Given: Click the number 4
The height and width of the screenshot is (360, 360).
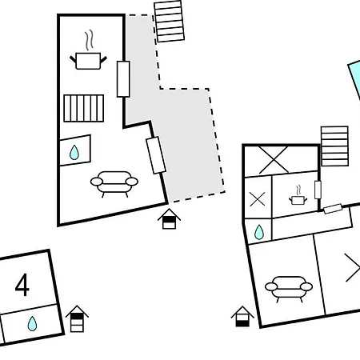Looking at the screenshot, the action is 22,285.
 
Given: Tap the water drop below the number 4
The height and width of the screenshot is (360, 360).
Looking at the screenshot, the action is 32,323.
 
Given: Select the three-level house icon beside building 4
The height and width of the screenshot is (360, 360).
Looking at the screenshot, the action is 77,318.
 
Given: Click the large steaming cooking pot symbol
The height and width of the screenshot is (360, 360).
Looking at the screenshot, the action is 88,50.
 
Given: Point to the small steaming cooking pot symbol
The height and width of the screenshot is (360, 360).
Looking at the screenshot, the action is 298,195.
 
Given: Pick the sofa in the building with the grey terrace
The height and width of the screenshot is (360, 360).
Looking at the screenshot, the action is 114,183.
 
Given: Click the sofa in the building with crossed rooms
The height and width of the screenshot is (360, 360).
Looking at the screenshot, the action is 289,289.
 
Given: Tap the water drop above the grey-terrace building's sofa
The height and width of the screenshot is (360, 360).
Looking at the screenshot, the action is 74,153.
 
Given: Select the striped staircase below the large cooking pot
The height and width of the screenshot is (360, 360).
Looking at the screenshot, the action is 84,108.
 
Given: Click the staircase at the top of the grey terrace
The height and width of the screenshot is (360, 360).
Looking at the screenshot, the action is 170,22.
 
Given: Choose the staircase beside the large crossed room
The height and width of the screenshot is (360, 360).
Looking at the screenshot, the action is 334,146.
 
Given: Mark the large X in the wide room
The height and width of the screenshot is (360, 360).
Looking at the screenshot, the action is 274,159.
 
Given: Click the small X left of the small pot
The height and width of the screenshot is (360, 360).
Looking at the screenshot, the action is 258,199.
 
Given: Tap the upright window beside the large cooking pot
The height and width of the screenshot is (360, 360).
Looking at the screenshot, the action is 123,79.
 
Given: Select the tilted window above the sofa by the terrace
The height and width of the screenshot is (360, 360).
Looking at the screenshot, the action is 156,155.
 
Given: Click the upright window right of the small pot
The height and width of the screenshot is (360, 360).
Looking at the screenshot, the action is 318,190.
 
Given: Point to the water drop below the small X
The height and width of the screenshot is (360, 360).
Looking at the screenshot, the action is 259,232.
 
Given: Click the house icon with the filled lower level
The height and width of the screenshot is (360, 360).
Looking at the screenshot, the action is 242,317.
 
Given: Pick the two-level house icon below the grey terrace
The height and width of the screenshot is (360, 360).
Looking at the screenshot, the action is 169,219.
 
